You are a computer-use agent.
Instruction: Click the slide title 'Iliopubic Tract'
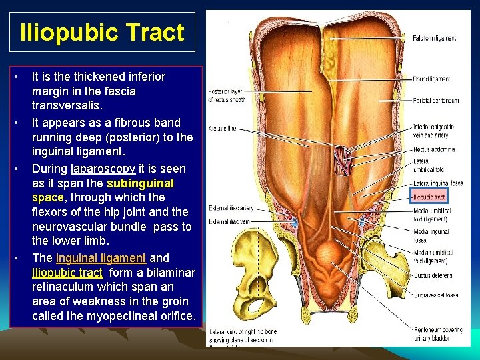102,32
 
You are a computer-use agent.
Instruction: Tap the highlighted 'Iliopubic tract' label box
429,196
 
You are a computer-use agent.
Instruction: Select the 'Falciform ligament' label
434,38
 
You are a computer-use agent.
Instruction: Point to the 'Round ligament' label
431,79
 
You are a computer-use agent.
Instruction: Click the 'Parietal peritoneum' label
435,101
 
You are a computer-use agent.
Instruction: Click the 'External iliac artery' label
231,207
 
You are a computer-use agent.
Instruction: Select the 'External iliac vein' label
229,221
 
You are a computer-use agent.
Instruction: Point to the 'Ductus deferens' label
433,275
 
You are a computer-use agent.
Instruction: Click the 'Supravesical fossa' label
435,295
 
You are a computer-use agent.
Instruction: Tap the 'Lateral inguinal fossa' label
437,183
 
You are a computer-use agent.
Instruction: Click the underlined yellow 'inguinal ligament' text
101,257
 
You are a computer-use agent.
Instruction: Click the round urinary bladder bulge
329,257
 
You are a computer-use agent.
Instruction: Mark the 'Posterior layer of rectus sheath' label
227,95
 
